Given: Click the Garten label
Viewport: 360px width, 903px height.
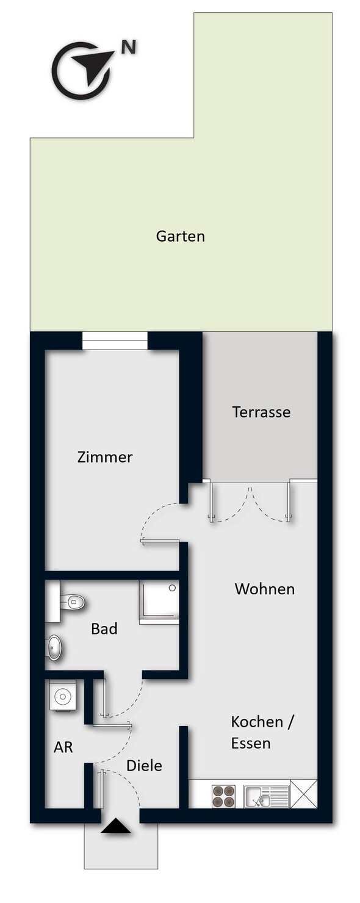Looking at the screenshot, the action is click(x=180, y=236).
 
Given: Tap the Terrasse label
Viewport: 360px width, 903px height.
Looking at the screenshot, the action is click(x=261, y=412).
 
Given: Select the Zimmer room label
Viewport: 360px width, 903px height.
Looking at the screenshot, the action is click(x=105, y=457).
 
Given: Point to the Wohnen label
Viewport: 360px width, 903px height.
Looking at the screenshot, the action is click(x=264, y=589).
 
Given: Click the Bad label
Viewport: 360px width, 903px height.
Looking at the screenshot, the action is click(x=104, y=629).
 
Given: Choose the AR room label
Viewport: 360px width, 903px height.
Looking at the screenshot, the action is click(x=63, y=747).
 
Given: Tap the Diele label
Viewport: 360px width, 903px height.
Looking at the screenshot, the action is click(x=145, y=766).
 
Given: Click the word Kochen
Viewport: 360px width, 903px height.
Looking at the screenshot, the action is click(x=257, y=722).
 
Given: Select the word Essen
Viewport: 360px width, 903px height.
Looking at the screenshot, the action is click(x=250, y=743).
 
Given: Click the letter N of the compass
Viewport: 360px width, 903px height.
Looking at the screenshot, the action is click(x=129, y=48).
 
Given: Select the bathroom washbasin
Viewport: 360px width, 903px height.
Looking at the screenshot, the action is click(x=54, y=648).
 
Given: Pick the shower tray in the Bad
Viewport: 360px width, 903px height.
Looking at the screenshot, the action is click(x=159, y=602).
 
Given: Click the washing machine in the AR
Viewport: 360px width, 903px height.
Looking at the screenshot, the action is click(x=62, y=696).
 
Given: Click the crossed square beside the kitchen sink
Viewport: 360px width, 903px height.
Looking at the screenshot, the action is click(x=304, y=794).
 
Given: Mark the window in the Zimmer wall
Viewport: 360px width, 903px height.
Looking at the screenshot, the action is click(x=115, y=340).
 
